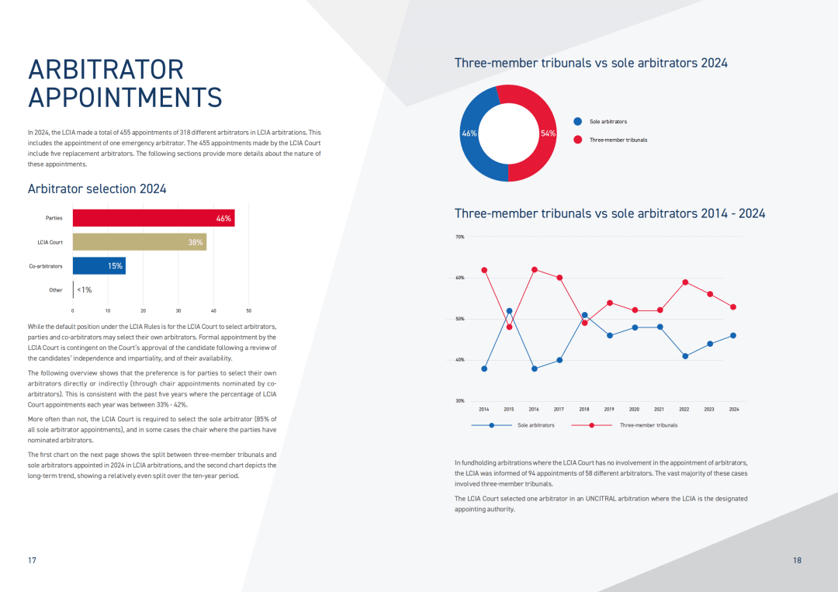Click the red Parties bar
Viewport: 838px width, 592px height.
coord(153,218)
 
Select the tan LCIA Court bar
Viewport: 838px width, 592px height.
coord(139,242)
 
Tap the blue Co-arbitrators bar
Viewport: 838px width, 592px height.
coord(99,265)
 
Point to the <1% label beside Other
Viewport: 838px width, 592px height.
coord(84,290)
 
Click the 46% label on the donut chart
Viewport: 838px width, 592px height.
coord(469,133)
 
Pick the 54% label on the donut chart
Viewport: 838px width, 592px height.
coord(548,133)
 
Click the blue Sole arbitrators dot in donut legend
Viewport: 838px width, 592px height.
coord(577,122)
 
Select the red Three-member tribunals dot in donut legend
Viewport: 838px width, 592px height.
coord(577,140)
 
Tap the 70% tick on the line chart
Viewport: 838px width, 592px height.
coord(459,237)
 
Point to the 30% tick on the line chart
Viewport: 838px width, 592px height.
coord(459,401)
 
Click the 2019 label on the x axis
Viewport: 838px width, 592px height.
coord(609,409)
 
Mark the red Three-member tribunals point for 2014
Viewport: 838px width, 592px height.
coord(484,270)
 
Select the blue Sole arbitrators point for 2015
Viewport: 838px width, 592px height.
coord(509,311)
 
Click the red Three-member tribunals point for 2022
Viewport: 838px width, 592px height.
coord(684,282)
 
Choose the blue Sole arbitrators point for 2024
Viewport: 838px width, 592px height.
coord(733,335)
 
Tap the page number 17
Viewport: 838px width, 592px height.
coord(32,560)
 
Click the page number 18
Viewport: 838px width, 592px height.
coord(798,560)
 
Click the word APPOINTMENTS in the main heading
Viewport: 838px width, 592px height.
coord(125,98)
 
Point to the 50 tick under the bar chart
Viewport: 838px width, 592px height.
coord(248,310)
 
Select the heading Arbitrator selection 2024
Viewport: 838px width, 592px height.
coord(97,189)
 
